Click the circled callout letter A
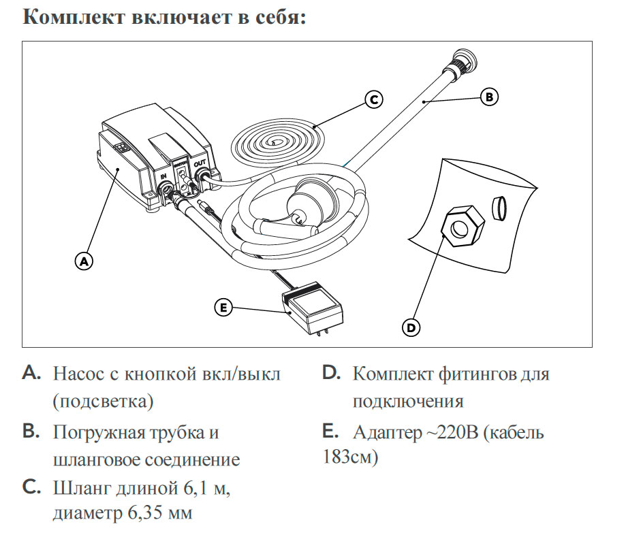(x=83, y=260)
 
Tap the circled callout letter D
(x=411, y=327)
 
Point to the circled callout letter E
(x=223, y=308)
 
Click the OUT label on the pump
(x=200, y=165)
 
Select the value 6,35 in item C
(x=144, y=512)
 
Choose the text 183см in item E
(x=348, y=457)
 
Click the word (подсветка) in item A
(x=103, y=401)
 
